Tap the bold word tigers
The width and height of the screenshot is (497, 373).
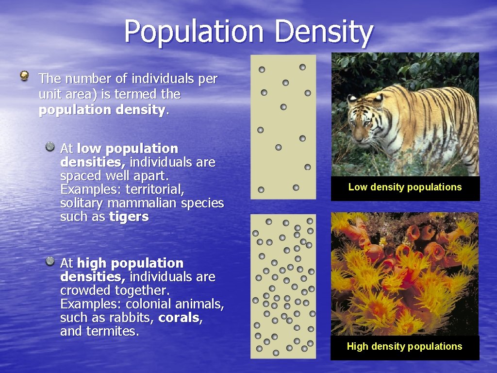129,217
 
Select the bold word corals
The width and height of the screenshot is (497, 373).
181,318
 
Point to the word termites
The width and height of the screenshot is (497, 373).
112,331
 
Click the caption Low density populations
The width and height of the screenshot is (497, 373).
405,187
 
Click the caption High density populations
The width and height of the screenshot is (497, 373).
404,346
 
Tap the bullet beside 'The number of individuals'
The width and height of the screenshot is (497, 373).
25,75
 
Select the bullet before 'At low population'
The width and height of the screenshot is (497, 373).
50,146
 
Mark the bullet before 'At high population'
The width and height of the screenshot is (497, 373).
50,262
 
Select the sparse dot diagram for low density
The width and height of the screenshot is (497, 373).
283,127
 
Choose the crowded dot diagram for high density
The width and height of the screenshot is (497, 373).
283,286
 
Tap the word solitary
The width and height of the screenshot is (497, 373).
82,203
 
